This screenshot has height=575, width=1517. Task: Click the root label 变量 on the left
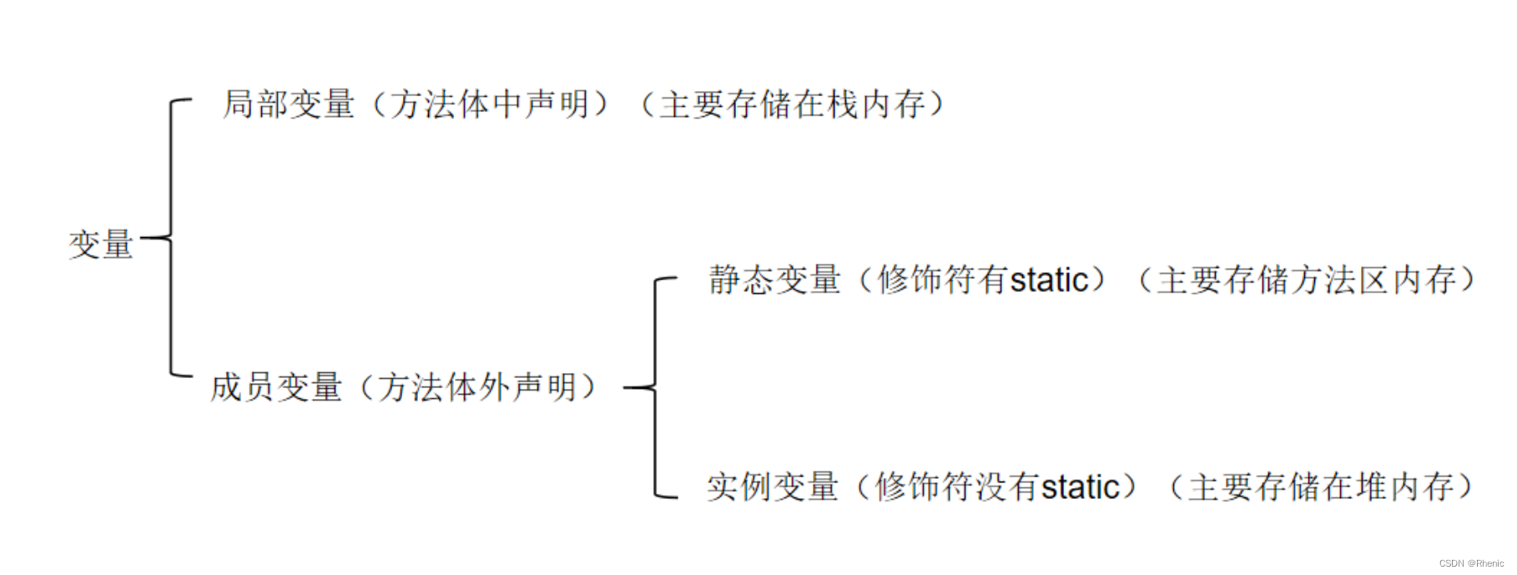pos(101,245)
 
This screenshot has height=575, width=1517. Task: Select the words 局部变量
pos(289,104)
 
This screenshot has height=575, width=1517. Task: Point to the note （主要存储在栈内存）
pos(793,104)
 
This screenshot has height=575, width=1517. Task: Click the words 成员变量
pos(276,387)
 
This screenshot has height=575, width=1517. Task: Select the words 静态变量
pos(774,280)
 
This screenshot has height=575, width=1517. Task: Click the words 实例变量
pos(772,487)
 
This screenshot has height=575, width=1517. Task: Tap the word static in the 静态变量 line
pos(1049,280)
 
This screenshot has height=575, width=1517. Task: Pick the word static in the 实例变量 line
pos(1080,487)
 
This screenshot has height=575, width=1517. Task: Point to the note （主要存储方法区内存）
pos(1307,280)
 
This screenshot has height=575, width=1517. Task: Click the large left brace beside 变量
pos(171,238)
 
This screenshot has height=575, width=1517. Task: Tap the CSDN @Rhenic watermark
pos(1471,563)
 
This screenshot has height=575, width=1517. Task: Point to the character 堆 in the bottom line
pos(1372,487)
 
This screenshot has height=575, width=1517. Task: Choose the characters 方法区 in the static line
pos(1339,280)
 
